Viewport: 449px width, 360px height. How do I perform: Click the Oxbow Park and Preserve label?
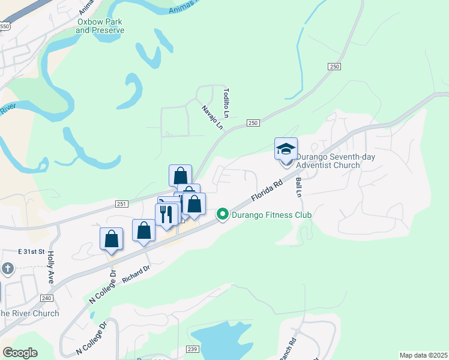[x=100, y=26]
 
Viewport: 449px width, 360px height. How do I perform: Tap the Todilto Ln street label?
[x=226, y=103]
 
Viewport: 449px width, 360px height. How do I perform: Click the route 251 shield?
[x=122, y=204]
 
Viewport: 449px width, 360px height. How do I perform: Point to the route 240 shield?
[x=47, y=298]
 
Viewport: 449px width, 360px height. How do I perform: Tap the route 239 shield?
[x=192, y=349]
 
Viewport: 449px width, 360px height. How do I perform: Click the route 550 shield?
[x=4, y=26]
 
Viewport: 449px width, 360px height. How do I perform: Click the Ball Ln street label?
[x=298, y=187]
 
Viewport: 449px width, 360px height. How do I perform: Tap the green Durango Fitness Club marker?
[x=223, y=214]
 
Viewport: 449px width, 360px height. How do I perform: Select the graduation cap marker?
[x=286, y=148]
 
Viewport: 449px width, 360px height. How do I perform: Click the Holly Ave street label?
[x=52, y=267]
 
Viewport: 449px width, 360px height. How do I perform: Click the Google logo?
[x=20, y=353]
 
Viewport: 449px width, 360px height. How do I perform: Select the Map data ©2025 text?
[x=423, y=355]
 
